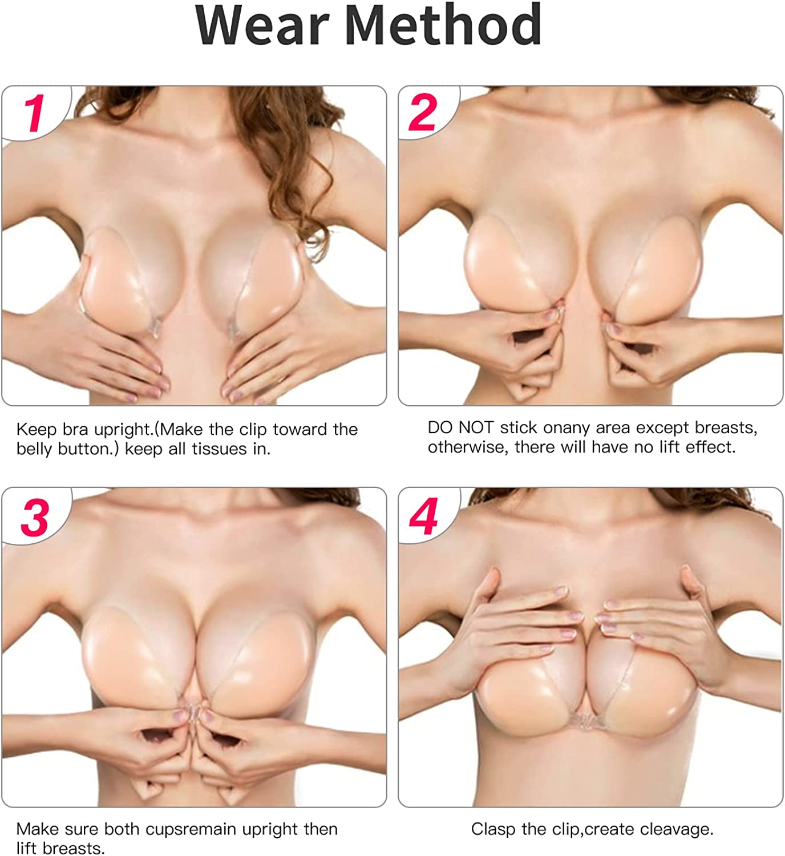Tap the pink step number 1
(34, 112)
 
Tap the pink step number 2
(422, 112)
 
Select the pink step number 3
(35, 517)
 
